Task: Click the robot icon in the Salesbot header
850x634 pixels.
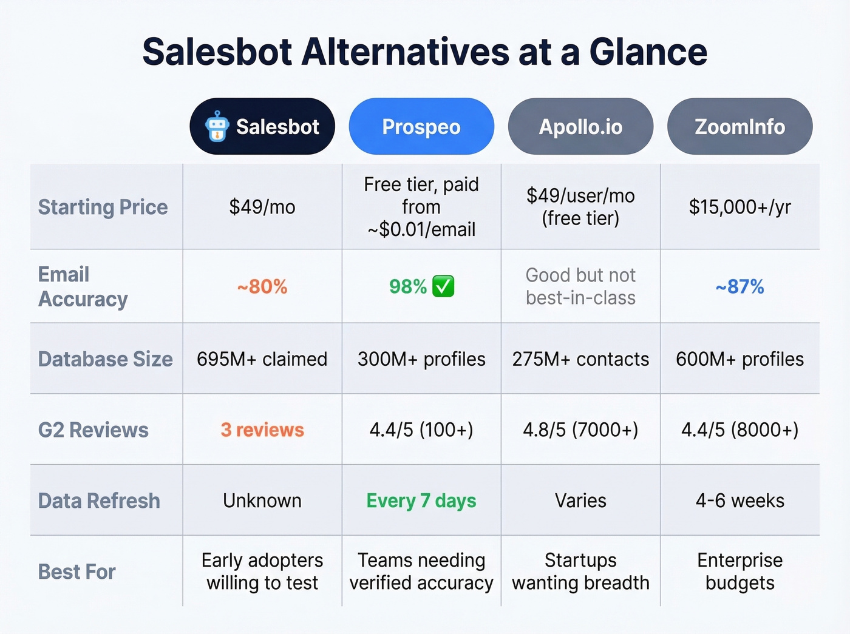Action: click(x=217, y=126)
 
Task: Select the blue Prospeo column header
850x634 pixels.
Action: click(x=421, y=126)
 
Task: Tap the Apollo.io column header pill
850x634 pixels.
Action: click(x=580, y=126)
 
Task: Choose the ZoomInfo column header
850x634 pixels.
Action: click(x=739, y=126)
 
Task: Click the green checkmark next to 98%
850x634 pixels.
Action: click(x=443, y=286)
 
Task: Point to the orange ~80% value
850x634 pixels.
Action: click(x=262, y=286)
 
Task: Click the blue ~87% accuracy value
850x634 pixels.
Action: click(x=739, y=286)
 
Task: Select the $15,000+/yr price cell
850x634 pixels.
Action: click(x=739, y=207)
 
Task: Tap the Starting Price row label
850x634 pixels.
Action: click(x=103, y=207)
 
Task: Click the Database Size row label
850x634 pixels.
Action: click(x=105, y=359)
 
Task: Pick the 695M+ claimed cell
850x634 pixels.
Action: click(x=262, y=359)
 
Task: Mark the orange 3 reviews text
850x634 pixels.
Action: click(x=262, y=430)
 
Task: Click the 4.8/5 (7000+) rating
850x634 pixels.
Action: click(x=580, y=430)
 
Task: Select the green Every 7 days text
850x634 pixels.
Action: click(x=421, y=501)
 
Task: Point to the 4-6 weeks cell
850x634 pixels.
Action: click(x=739, y=501)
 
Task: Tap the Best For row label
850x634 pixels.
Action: click(x=76, y=572)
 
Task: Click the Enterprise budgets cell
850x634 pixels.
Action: click(x=739, y=571)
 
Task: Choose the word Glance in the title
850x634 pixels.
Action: click(x=648, y=52)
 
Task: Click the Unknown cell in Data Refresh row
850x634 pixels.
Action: click(x=262, y=501)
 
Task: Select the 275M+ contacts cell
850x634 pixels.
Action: click(x=580, y=359)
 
